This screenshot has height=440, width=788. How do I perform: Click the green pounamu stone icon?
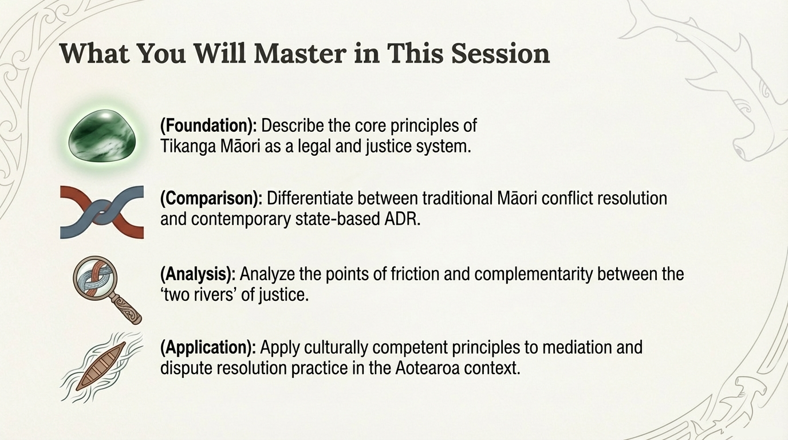(101, 136)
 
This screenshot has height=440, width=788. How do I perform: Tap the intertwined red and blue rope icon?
(101, 211)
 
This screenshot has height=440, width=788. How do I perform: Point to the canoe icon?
(101, 365)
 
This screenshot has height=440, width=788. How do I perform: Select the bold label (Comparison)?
(211, 199)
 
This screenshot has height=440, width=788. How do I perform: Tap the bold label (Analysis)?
(198, 274)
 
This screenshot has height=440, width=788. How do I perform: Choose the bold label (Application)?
(208, 347)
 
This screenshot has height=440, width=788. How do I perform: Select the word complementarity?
(534, 274)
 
